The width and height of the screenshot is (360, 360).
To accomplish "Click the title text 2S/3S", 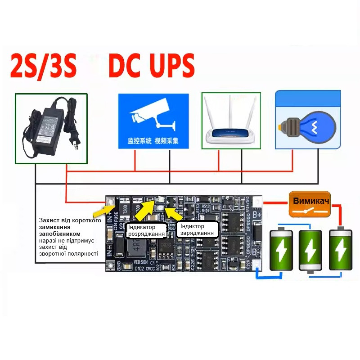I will [43, 66].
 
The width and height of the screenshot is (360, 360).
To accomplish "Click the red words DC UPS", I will [151, 66].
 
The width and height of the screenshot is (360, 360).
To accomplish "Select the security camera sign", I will [153, 121].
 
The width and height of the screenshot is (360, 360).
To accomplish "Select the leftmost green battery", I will [282, 250].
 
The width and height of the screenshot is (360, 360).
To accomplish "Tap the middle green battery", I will [310, 251].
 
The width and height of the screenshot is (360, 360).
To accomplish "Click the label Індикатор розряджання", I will [147, 230].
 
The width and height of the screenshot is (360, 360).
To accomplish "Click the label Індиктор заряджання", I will [198, 229].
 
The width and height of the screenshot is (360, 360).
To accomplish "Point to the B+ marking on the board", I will [257, 216].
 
